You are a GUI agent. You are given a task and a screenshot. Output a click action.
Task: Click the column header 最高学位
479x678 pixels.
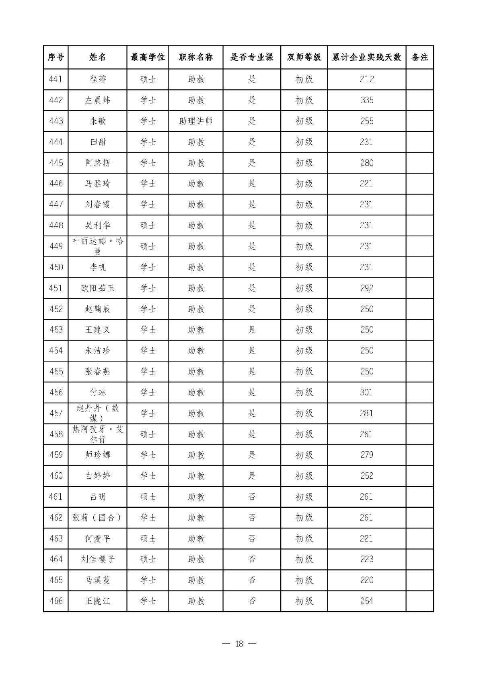coord(148,57)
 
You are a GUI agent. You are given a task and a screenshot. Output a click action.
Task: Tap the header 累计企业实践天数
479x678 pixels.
coord(366,57)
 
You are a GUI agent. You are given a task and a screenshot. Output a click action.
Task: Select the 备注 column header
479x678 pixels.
coord(419,57)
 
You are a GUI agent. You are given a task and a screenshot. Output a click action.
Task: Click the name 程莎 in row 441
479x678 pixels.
coord(97,79)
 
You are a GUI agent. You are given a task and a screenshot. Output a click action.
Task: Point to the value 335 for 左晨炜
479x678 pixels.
coord(367,100)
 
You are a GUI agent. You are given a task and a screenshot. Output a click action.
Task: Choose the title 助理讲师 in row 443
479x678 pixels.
coord(196,121)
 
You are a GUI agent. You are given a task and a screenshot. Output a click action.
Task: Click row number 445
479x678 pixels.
coord(56,163)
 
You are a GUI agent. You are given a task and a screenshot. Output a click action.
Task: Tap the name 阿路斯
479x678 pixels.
coord(97,163)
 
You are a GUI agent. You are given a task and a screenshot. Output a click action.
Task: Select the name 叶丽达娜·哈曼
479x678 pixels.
coord(97,246)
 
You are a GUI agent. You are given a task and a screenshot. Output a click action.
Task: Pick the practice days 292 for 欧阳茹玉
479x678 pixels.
coord(367,288)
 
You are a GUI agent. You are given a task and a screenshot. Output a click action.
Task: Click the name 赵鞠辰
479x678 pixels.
coord(97,309)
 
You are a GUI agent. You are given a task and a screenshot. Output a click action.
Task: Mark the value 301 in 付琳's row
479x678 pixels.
coord(366,393)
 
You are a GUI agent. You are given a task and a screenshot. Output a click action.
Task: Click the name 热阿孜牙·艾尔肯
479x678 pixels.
coord(97,434)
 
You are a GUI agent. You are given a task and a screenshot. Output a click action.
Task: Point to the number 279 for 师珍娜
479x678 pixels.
coord(367,455)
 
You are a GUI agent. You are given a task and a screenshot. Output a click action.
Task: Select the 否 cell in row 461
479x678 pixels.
coord(252,497)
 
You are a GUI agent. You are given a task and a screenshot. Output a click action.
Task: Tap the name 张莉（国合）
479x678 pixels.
coord(97,518)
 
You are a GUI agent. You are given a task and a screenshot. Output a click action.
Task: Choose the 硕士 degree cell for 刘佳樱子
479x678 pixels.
coord(148,559)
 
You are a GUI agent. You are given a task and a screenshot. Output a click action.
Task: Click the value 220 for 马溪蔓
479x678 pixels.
coord(367,580)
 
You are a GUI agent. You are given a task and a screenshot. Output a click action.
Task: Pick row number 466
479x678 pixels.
coord(56,601)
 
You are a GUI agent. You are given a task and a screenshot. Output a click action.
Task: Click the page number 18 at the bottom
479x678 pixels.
coord(239,644)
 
